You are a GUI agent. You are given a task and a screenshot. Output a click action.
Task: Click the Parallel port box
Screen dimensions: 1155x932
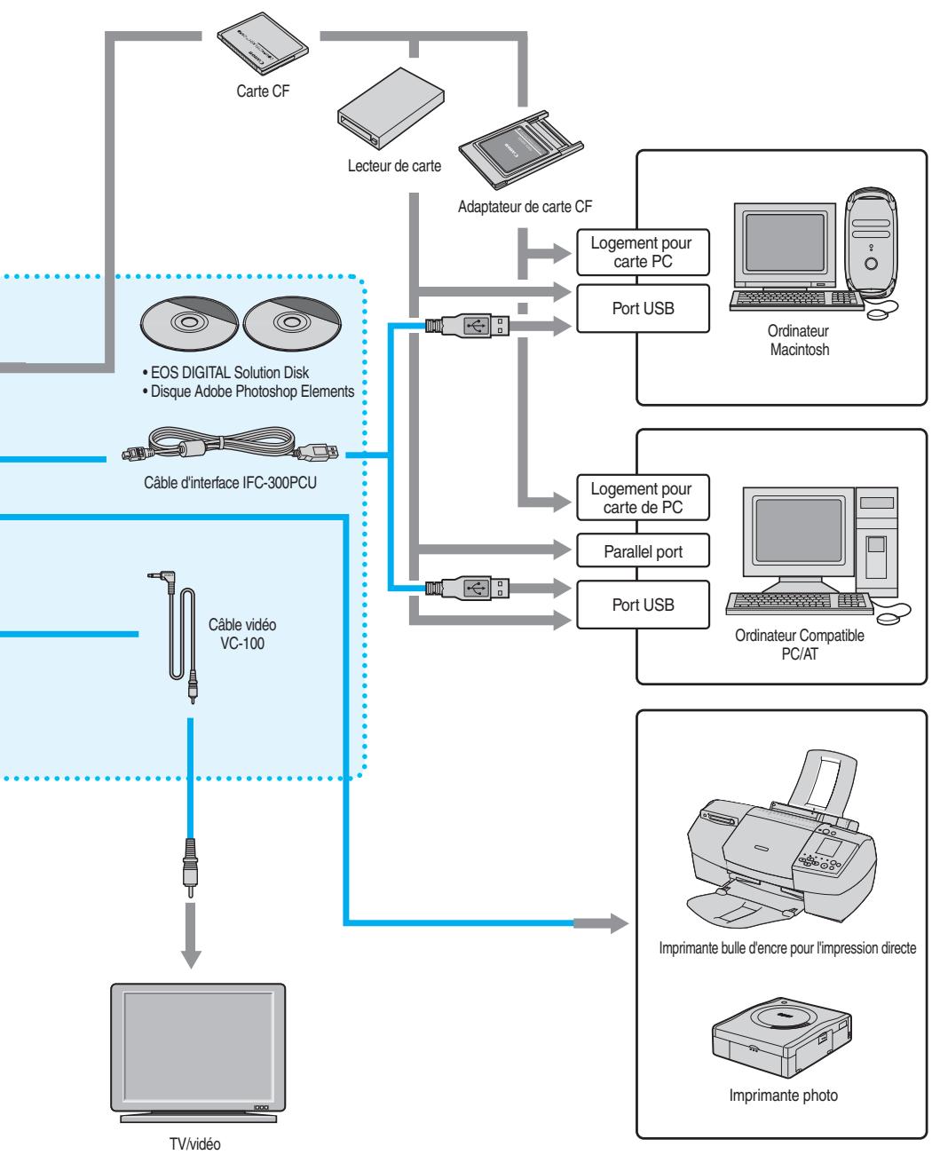coord(644,552)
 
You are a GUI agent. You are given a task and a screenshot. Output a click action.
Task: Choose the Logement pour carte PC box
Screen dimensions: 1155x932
coord(644,252)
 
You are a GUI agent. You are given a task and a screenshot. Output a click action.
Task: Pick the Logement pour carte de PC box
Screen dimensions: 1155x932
coord(644,499)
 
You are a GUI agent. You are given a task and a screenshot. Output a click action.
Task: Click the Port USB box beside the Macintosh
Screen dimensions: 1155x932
coord(644,308)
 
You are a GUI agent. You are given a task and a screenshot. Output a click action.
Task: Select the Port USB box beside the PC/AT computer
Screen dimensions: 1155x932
coord(644,605)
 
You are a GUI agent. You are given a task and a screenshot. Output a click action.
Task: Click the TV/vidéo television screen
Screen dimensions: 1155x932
coord(196,1039)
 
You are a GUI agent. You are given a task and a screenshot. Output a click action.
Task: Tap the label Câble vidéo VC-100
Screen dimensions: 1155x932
coord(242,635)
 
